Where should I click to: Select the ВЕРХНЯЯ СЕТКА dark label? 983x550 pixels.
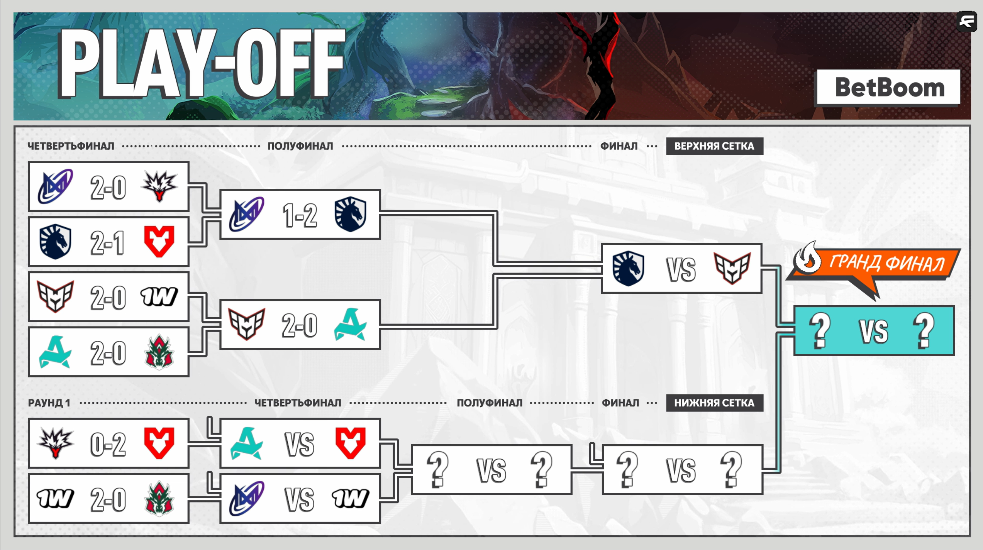pyautogui.click(x=714, y=146)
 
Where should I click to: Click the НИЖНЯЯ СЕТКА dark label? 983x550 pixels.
pyautogui.click(x=714, y=403)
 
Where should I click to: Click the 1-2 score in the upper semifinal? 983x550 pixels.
pyautogui.click(x=300, y=215)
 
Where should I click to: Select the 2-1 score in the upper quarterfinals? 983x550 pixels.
pyautogui.click(x=108, y=243)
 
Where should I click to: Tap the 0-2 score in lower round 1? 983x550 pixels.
pyautogui.click(x=108, y=444)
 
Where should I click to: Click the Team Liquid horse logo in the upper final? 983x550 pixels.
pyautogui.click(x=628, y=269)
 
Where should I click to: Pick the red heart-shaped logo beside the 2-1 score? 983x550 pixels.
pyautogui.click(x=159, y=242)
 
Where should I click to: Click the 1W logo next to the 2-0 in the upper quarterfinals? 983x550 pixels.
pyautogui.click(x=159, y=297)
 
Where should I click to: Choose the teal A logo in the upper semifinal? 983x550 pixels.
pyautogui.click(x=350, y=325)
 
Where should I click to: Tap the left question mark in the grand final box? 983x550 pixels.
pyautogui.click(x=819, y=331)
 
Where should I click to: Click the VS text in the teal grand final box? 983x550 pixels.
pyautogui.click(x=873, y=331)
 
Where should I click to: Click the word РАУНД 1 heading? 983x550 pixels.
pyautogui.click(x=49, y=403)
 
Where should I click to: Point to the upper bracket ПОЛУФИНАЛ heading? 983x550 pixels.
pyautogui.click(x=300, y=146)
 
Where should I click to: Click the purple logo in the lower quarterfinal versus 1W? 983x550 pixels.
pyautogui.click(x=247, y=499)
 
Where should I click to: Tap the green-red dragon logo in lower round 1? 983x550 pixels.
pyautogui.click(x=159, y=499)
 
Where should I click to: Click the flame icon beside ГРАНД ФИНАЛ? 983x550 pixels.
pyautogui.click(x=808, y=259)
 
